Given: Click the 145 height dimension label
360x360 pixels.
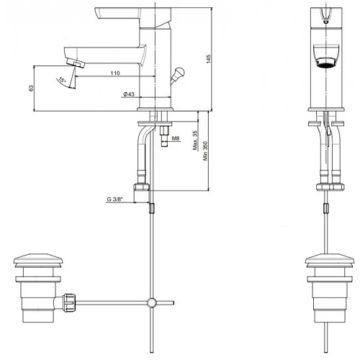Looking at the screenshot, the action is point(208,59).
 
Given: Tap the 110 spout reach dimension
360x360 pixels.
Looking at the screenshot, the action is point(115,73).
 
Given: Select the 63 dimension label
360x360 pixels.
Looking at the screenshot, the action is point(31,88).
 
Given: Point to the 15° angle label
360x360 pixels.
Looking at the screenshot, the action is point(62,80).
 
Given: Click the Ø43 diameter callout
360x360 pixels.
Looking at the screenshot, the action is point(129,94).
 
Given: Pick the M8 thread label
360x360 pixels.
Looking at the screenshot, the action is point(176,138).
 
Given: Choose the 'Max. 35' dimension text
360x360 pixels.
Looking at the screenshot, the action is point(195,140).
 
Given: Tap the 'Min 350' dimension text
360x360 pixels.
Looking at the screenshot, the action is point(205,150).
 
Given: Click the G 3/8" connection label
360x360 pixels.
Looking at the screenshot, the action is point(114,199).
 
